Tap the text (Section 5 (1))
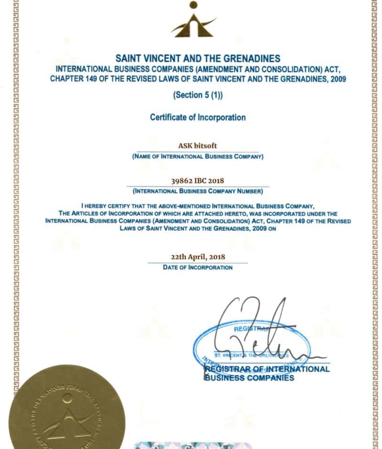click(197, 95)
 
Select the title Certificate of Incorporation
click(197, 117)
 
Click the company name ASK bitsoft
click(197, 146)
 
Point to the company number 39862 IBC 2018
click(197, 181)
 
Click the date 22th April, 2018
click(197, 257)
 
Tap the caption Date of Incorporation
click(197, 267)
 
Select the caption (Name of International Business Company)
click(197, 156)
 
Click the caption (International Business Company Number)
click(197, 191)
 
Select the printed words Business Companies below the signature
click(249, 378)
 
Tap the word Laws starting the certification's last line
click(129, 229)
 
